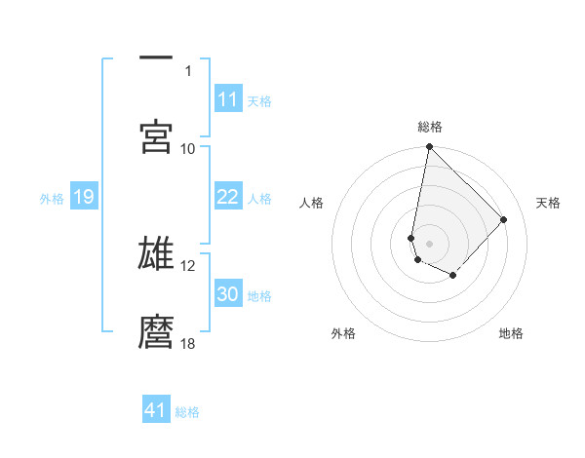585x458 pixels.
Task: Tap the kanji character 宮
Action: (x=156, y=137)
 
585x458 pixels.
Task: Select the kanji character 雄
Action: (x=156, y=254)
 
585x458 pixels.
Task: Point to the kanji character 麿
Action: (x=156, y=332)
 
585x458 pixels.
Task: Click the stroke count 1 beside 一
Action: (x=188, y=70)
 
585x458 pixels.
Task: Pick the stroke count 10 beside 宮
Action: (x=188, y=148)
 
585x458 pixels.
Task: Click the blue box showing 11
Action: (x=227, y=99)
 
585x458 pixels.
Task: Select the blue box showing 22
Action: (x=227, y=197)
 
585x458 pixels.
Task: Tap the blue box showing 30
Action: (x=227, y=294)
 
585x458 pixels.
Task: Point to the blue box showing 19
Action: (x=84, y=197)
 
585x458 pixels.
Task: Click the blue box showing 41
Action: (x=156, y=410)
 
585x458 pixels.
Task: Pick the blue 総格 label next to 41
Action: (x=187, y=412)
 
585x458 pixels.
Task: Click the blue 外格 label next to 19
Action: (x=52, y=199)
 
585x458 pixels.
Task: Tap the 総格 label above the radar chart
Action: (x=429, y=127)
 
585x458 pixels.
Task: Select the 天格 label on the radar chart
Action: (x=548, y=203)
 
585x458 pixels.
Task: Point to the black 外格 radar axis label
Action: (x=343, y=333)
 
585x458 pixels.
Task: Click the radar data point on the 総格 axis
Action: (x=429, y=148)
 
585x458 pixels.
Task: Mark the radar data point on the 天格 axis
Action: (x=504, y=219)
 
